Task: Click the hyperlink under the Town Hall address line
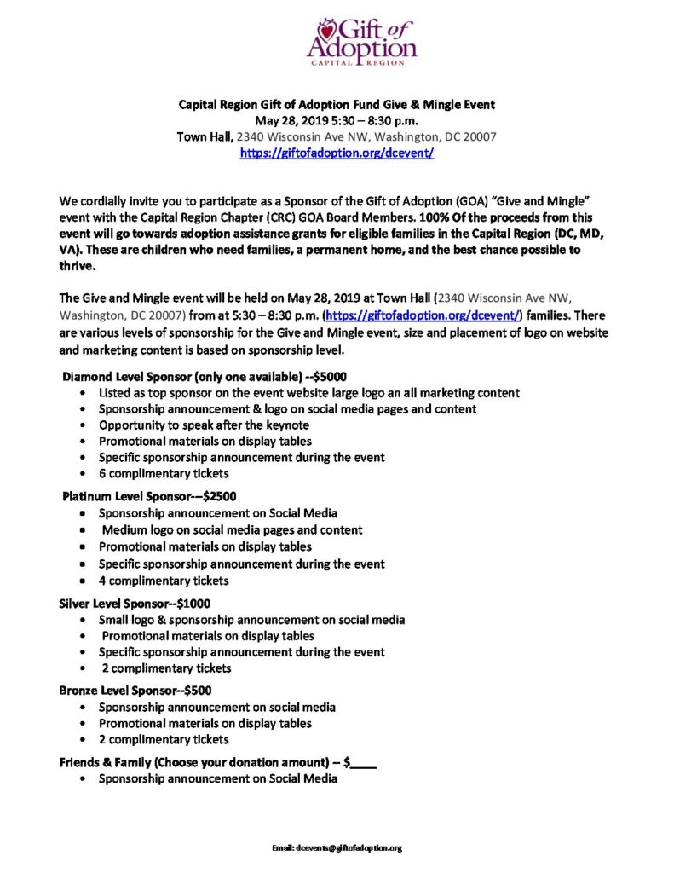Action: point(337,153)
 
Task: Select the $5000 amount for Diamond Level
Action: point(331,375)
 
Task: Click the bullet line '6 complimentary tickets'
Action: point(164,473)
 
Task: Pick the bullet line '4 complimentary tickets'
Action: point(164,581)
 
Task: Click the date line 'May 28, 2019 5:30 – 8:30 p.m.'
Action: point(337,120)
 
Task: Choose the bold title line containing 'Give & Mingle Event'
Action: point(337,104)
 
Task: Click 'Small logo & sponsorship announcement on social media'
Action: point(251,620)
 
